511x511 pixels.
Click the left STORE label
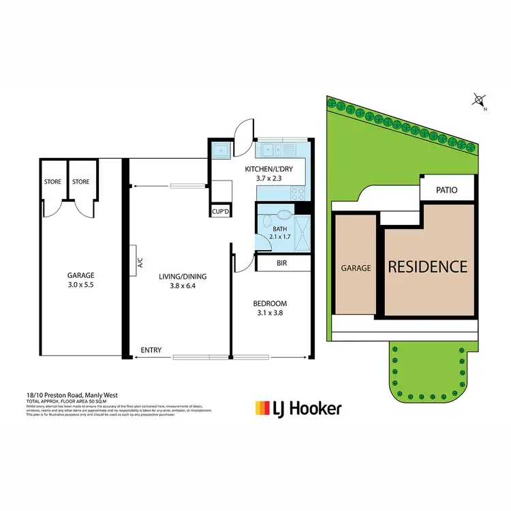pyautogui.click(x=53, y=182)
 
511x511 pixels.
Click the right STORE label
pyautogui.click(x=81, y=182)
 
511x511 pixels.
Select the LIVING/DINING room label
pyautogui.click(x=183, y=276)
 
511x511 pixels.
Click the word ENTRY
pyautogui.click(x=151, y=350)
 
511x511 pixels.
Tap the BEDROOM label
pyautogui.click(x=270, y=303)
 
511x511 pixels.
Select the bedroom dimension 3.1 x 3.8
pyautogui.click(x=270, y=313)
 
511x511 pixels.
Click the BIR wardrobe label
pyautogui.click(x=280, y=262)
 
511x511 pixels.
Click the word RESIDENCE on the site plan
pyautogui.click(x=427, y=266)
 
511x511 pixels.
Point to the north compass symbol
pyautogui.click(x=478, y=102)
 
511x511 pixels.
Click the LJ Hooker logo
pyautogui.click(x=298, y=409)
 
